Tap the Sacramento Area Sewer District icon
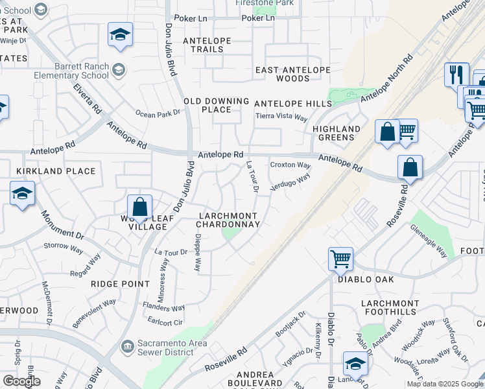click(x=127, y=348)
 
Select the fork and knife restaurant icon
click(x=456, y=74)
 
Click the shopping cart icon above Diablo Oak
click(x=340, y=259)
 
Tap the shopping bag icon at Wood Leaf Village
click(x=139, y=207)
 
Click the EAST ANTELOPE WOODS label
click(x=292, y=74)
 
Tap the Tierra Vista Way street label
click(x=281, y=117)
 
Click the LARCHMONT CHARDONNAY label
click(x=228, y=220)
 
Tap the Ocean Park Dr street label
click(x=157, y=113)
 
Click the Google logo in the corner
click(x=21, y=381)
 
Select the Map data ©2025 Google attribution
click(x=444, y=384)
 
